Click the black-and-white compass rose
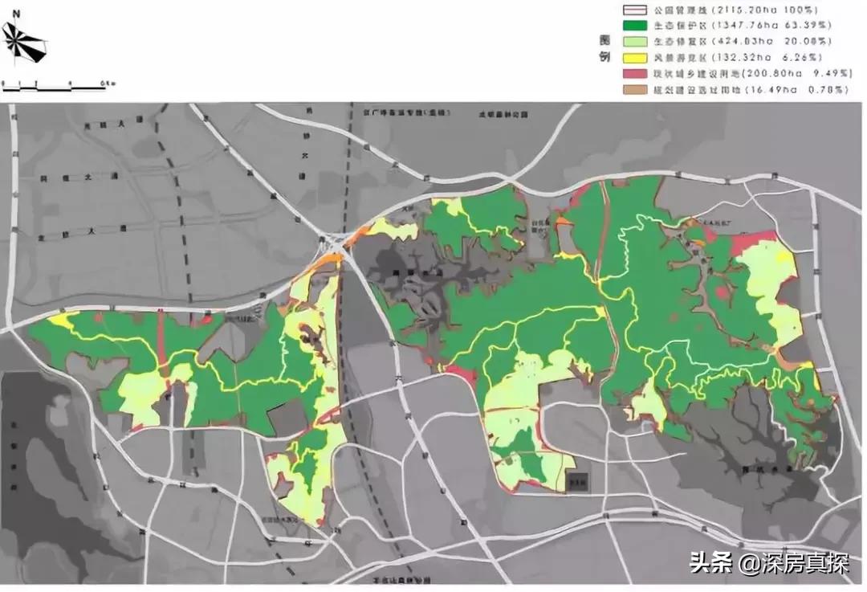[x=23, y=43]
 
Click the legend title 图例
[x=604, y=49]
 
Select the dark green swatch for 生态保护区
[x=634, y=26]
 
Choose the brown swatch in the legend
[x=634, y=90]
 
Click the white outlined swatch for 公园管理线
[x=634, y=10]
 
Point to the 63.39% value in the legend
[x=822, y=26]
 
